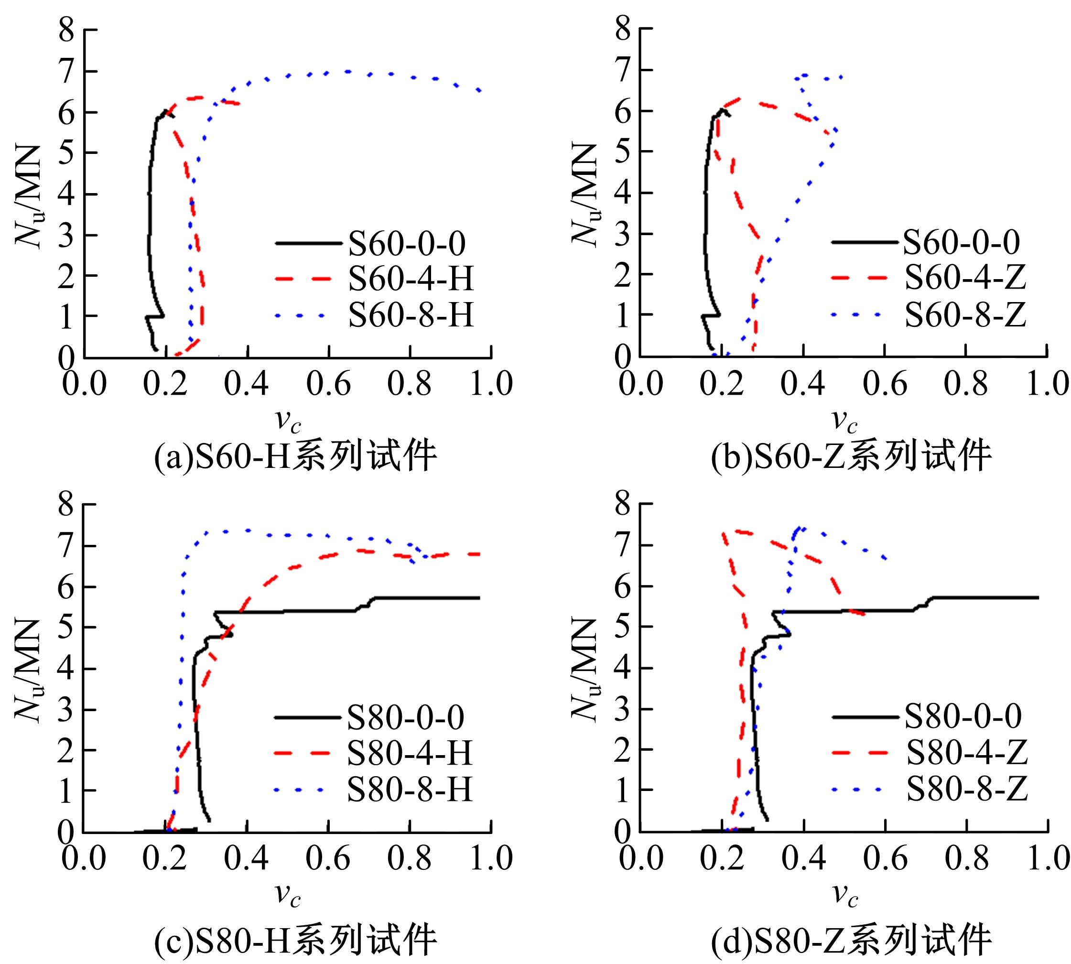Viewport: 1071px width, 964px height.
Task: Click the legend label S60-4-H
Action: (x=411, y=279)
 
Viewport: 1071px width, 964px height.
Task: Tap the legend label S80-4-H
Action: (x=410, y=753)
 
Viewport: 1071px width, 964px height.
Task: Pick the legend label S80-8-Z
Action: (x=967, y=788)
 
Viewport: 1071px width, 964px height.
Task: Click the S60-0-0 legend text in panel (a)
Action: (x=407, y=244)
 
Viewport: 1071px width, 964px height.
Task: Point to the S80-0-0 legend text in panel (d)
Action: (x=963, y=716)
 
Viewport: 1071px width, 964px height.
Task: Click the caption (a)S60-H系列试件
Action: (x=295, y=457)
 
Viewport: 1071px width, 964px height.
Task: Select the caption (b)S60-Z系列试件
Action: (x=851, y=457)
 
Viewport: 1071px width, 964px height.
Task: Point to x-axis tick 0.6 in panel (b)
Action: (x=885, y=383)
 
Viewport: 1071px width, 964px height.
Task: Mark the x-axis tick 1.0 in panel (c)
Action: (x=491, y=858)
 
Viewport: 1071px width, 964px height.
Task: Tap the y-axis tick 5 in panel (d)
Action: (x=623, y=627)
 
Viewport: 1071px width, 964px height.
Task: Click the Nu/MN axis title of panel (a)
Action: (x=29, y=196)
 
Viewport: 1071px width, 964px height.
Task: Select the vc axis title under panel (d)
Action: (x=844, y=895)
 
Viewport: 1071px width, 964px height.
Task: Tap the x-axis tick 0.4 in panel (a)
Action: (x=246, y=383)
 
